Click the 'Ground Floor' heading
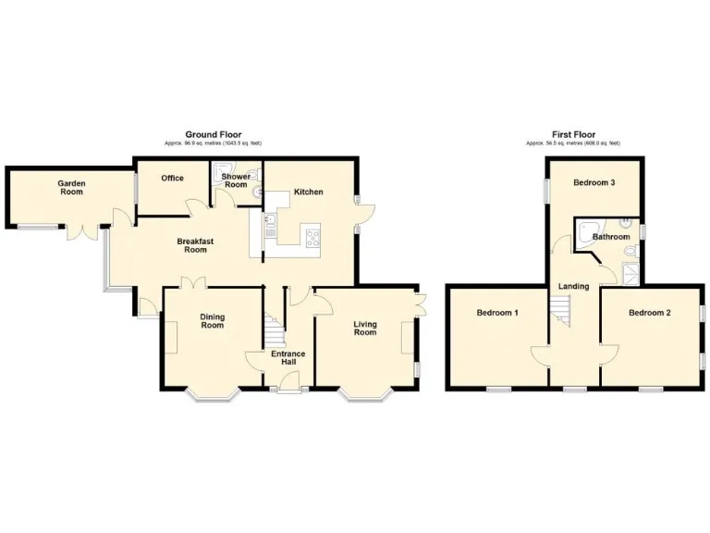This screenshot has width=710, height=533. tap(213, 135)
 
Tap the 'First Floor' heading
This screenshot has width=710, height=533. tap(572, 135)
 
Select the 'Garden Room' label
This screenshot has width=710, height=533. tap(71, 188)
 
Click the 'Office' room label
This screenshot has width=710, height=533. tap(172, 178)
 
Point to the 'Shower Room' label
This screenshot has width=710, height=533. tap(235, 180)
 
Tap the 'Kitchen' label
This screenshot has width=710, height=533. tap(308, 192)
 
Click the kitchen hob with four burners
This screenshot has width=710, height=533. tap(311, 235)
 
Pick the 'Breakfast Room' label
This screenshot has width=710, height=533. tap(195, 245)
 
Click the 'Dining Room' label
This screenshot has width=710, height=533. tap(212, 320)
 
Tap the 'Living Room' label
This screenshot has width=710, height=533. tap(364, 328)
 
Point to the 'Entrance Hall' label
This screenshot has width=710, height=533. tap(288, 358)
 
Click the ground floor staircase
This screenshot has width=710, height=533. tap(272, 329)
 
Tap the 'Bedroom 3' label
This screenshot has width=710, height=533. tap(594, 182)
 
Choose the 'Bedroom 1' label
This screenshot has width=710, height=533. tap(497, 313)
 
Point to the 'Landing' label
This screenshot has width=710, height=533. tap(573, 286)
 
